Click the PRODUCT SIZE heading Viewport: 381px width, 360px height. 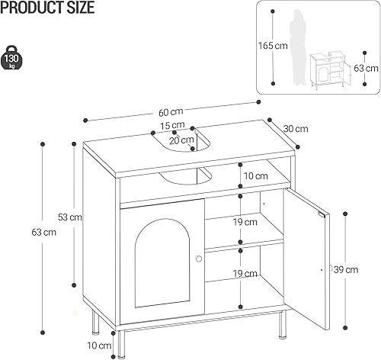pos(47,9)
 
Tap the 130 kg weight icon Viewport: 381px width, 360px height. pos(13,58)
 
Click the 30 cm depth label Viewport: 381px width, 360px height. pos(296,128)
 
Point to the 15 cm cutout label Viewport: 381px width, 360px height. pos(172,126)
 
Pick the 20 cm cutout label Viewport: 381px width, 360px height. pos(181,140)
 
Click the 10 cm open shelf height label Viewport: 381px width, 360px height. pos(256,176)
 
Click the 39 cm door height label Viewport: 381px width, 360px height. pos(346,268)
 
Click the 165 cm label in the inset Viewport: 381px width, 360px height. pos(275,45)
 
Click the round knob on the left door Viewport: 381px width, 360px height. pos(198,259)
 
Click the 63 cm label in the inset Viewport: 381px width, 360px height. pos(367,68)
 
